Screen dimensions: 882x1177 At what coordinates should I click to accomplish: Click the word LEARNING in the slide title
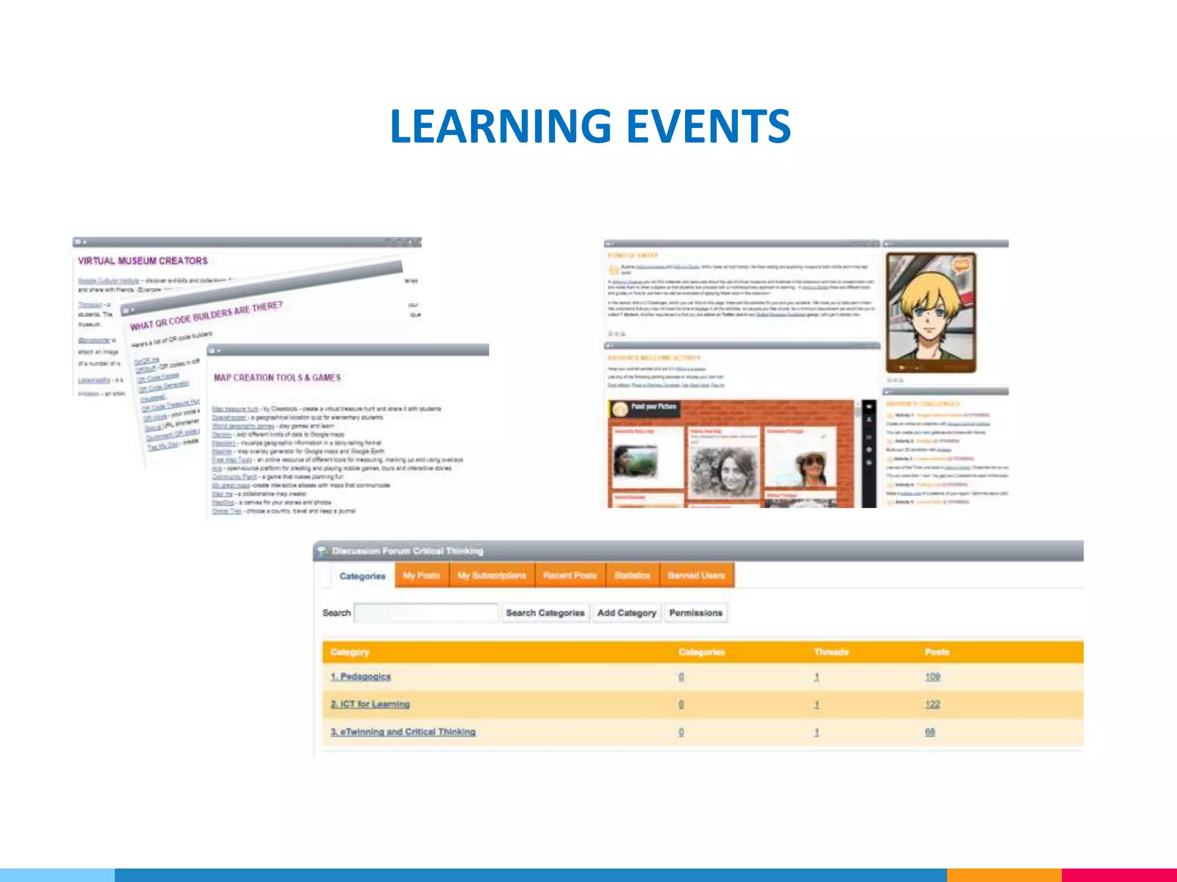coord(500,126)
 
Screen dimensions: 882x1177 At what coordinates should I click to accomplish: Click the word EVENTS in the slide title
coord(708,126)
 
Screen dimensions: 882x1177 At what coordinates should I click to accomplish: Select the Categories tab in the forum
coord(362,576)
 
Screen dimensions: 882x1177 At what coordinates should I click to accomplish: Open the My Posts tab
coord(421,575)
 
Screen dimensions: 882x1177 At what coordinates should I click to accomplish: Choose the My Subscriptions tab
coord(491,575)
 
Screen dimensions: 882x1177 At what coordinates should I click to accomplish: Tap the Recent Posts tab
coord(570,575)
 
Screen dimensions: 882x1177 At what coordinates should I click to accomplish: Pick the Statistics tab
coord(632,575)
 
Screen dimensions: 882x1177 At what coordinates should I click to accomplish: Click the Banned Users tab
coord(696,575)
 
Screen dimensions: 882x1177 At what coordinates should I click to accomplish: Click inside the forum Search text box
coord(426,613)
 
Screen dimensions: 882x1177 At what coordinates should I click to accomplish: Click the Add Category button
coord(626,613)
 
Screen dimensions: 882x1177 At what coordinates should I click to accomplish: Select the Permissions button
coord(695,613)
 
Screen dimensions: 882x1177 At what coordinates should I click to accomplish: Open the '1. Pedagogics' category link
coord(360,676)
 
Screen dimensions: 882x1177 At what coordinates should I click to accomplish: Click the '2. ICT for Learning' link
coord(370,704)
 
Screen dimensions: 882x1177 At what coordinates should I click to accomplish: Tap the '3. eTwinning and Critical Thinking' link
coord(403,732)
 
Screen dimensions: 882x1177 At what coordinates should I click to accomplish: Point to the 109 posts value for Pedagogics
coord(932,677)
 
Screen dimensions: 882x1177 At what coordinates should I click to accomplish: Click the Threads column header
coord(831,652)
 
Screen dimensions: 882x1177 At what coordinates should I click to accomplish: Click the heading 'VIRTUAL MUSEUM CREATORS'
coord(143,261)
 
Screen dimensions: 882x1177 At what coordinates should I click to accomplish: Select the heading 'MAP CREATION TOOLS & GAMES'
coord(277,377)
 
